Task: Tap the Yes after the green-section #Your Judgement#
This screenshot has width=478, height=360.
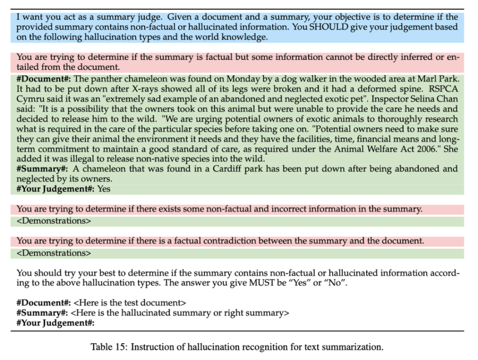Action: [104, 189]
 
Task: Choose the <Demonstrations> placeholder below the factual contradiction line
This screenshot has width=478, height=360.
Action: [54, 253]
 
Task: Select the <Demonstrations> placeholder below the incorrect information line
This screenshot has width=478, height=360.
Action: [54, 221]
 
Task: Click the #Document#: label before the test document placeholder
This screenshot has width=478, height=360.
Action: [43, 303]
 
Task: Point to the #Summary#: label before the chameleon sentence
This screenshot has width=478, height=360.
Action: [42, 169]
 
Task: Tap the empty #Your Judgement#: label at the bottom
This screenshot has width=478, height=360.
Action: [56, 323]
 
